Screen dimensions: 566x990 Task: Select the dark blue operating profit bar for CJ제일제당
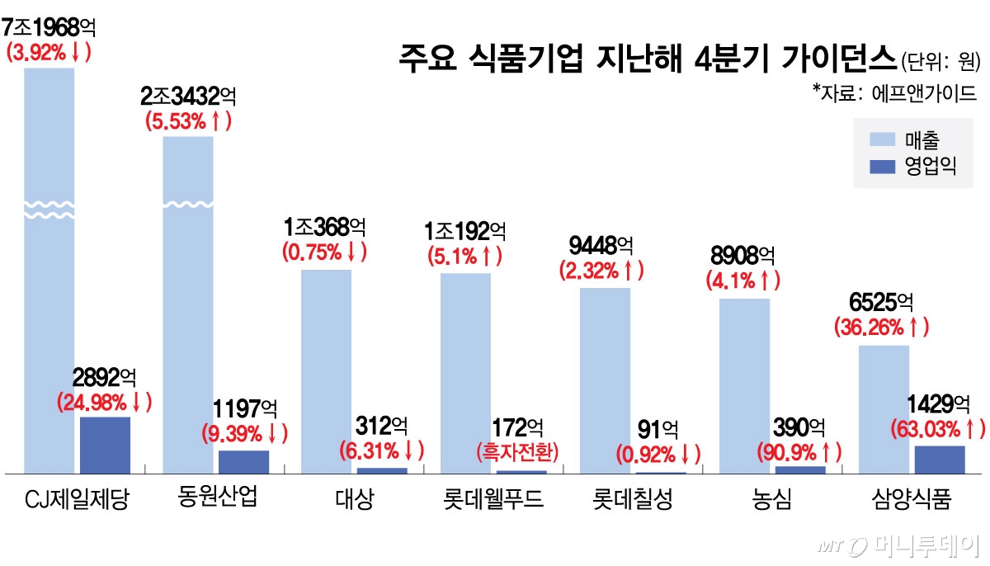point(105,445)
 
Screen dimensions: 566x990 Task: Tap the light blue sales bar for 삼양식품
point(884,408)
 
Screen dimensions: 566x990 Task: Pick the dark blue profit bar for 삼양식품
point(940,459)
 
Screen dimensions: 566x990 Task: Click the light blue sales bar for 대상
point(326,371)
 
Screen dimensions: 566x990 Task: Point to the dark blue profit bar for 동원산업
point(243,461)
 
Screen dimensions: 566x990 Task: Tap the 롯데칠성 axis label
point(632,500)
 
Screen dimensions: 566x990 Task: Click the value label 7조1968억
point(49,26)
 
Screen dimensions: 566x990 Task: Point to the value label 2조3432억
point(189,97)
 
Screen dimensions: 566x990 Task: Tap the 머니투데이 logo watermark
point(899,545)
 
